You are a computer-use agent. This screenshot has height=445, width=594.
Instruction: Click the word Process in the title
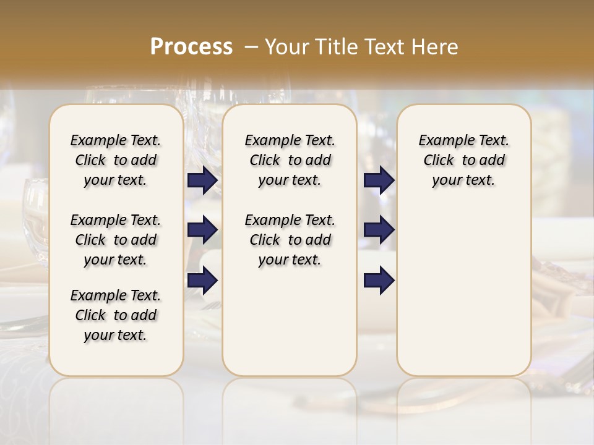point(191,46)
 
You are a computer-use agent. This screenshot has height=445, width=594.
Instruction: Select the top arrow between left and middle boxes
point(202,180)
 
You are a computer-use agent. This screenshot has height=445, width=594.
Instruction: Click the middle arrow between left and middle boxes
point(202,231)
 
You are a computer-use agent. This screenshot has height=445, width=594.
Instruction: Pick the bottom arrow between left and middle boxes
point(202,281)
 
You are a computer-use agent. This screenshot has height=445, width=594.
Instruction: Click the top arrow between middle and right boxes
point(379,180)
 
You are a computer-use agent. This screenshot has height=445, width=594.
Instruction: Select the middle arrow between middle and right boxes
point(379,231)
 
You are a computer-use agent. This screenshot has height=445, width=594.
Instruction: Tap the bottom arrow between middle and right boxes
point(379,281)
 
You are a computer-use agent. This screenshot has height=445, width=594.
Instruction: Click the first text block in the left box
point(116,160)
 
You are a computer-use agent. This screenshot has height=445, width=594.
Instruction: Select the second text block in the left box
point(116,240)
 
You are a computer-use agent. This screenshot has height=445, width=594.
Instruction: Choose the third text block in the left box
point(116,315)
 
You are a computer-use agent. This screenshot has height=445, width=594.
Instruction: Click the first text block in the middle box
point(290,160)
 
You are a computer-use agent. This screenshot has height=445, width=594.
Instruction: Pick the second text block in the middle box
point(290,240)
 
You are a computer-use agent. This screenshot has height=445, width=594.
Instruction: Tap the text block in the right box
point(464,160)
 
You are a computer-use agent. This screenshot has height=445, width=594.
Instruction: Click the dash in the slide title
point(251,47)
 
